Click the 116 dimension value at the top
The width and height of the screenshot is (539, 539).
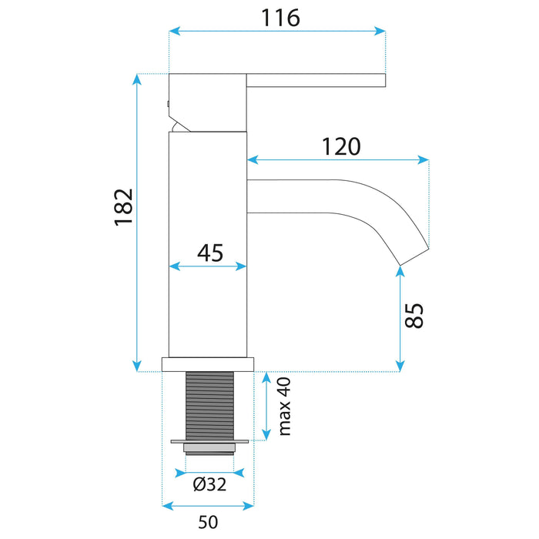tap(278, 17)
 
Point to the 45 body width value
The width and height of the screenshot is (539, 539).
tap(209, 252)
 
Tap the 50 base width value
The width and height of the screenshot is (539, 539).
tap(207, 523)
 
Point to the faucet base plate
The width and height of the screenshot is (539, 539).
tap(207, 364)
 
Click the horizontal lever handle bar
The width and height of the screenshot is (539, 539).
tap(315, 79)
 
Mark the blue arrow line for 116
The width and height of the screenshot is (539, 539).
tap(277, 31)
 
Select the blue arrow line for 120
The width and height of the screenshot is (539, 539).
tap(338, 160)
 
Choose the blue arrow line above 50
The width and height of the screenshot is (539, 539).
tap(208, 506)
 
